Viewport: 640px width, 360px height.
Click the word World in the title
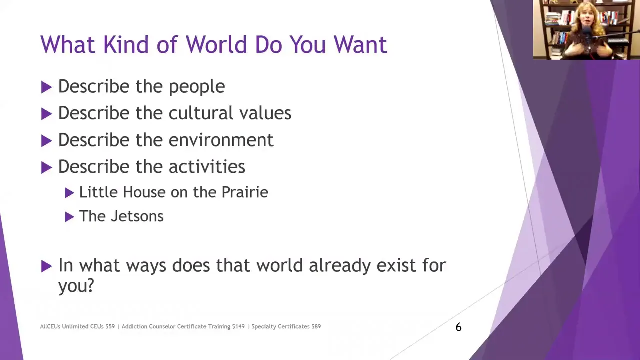click(x=217, y=44)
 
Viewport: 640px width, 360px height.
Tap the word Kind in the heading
click(x=125, y=44)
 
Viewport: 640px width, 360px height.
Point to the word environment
click(x=221, y=140)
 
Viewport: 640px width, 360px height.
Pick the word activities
click(x=207, y=166)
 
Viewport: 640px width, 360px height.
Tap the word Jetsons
click(x=137, y=216)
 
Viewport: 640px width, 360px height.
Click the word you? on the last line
click(x=76, y=285)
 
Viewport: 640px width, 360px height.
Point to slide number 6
click(x=458, y=327)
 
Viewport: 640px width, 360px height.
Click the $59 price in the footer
click(x=110, y=326)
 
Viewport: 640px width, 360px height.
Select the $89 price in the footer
click(x=316, y=326)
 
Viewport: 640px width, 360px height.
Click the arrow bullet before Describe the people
click(x=46, y=87)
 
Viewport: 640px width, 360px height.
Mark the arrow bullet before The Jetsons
click(x=69, y=217)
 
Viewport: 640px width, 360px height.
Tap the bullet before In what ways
click(x=46, y=266)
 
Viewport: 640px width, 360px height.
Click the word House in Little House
click(x=144, y=192)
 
